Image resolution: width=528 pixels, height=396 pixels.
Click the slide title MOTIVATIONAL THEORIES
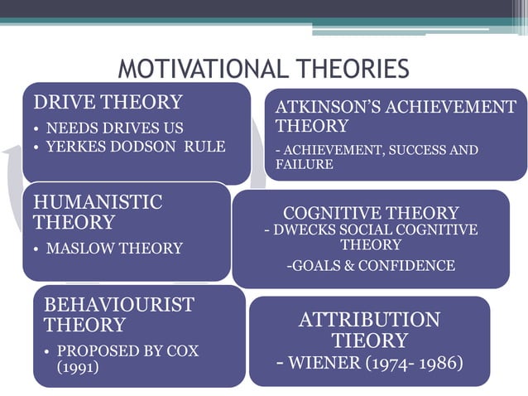click(263, 69)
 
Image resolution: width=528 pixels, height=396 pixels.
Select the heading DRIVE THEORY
click(108, 103)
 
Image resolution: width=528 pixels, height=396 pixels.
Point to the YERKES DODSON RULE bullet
click(135, 147)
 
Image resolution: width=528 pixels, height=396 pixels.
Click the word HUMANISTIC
click(98, 202)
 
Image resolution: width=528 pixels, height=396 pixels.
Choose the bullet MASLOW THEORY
click(114, 248)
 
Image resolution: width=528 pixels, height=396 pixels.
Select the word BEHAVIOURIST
click(118, 305)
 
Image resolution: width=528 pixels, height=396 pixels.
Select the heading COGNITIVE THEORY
click(371, 213)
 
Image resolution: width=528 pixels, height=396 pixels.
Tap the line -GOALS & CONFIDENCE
click(371, 265)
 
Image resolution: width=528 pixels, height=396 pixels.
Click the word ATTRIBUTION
click(369, 320)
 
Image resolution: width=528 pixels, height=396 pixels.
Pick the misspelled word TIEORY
click(369, 340)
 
